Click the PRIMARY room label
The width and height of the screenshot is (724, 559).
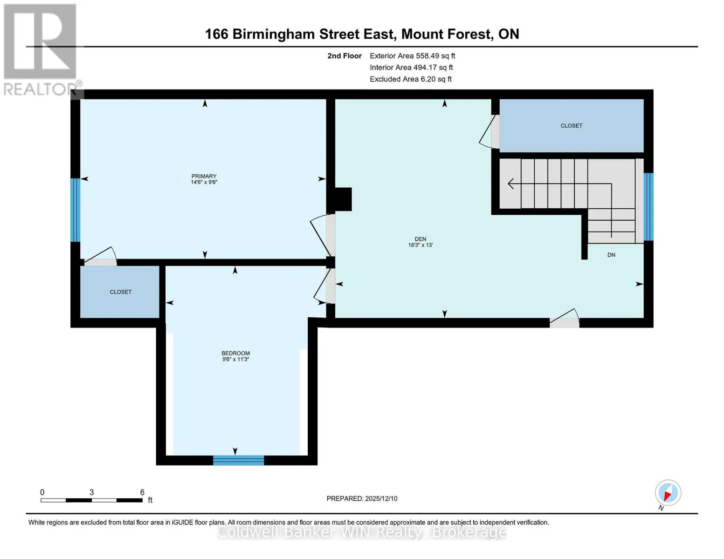[x=204, y=176]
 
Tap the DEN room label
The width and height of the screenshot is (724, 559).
[x=421, y=239]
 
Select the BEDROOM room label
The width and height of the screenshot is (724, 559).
[x=235, y=353]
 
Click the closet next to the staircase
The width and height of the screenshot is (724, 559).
[x=572, y=126]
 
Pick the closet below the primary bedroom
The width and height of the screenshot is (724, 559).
[x=120, y=292]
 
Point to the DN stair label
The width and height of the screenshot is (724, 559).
[x=611, y=255]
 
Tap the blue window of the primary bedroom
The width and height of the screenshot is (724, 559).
[x=76, y=210]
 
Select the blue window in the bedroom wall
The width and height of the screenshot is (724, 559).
[x=239, y=460]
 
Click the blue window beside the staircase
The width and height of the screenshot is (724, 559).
[x=648, y=207]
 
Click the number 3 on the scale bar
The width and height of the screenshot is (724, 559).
[x=92, y=492]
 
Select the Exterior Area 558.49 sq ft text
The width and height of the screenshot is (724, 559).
[x=413, y=56]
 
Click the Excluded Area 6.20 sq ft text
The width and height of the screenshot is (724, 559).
[x=411, y=79]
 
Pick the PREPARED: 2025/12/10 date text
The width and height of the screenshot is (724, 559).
[x=362, y=498]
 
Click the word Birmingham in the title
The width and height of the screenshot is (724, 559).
[x=273, y=34]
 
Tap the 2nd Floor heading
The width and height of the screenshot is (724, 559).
[x=345, y=56]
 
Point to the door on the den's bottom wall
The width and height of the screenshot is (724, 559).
[x=564, y=319]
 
